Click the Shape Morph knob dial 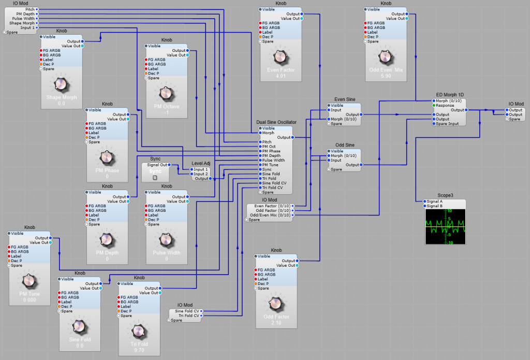pos(61,84)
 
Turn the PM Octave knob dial pos(166,93)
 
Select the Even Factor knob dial pos(280,56)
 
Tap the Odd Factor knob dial pos(276,304)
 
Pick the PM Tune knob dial pos(29,281)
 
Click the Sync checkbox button pos(155,178)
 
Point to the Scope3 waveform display pos(445,226)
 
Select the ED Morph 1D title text pos(446,95)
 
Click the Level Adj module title pos(201,164)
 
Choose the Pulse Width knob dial pos(166,239)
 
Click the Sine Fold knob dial pos(79,326)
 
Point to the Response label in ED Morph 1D pos(445,105)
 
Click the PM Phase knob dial pos(107,157)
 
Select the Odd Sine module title pos(345,146)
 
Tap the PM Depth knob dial pos(107,239)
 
